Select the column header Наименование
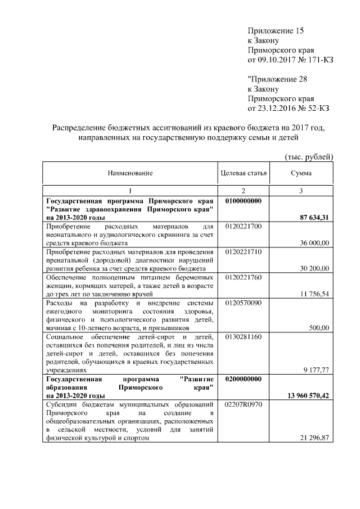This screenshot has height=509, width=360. pyautogui.click(x=130, y=174)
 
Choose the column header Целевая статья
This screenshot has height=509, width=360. pyautogui.click(x=244, y=174)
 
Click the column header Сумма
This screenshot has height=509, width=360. pyautogui.click(x=301, y=174)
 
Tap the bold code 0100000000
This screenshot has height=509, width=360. pyautogui.click(x=244, y=201)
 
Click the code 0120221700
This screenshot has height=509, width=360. pyautogui.click(x=243, y=226)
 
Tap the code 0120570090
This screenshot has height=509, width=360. pyautogui.click(x=243, y=303)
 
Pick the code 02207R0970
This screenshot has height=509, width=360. pyautogui.click(x=244, y=404)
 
